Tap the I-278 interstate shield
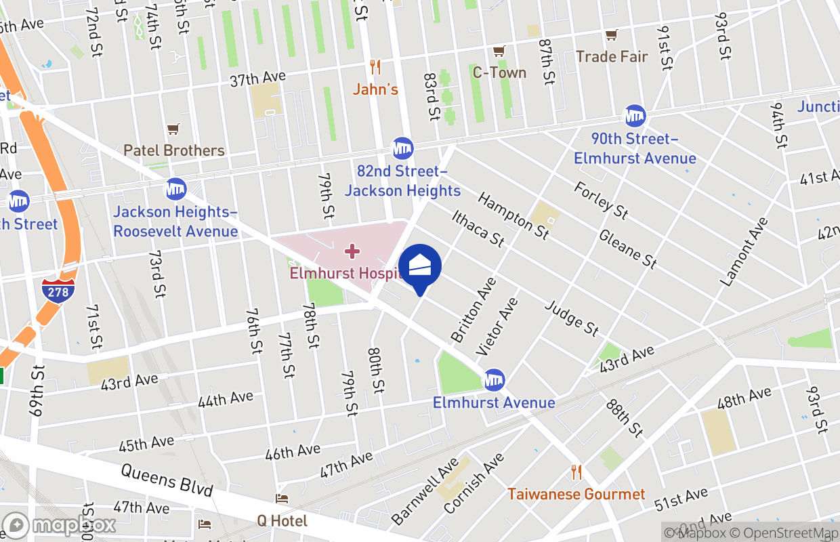58,290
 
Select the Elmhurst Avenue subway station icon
494,381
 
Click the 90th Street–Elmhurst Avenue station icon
635,116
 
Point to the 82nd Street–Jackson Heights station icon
402,147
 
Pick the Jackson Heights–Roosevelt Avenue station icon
175,189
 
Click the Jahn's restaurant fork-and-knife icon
375,67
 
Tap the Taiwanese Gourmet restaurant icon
576,472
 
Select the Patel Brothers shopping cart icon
173,129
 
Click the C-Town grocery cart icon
499,51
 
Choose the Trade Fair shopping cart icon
612,35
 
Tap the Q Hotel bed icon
282,499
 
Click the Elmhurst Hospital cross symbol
352,252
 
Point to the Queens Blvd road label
167,480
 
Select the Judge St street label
572,318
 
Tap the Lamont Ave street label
745,251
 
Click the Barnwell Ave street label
425,492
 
